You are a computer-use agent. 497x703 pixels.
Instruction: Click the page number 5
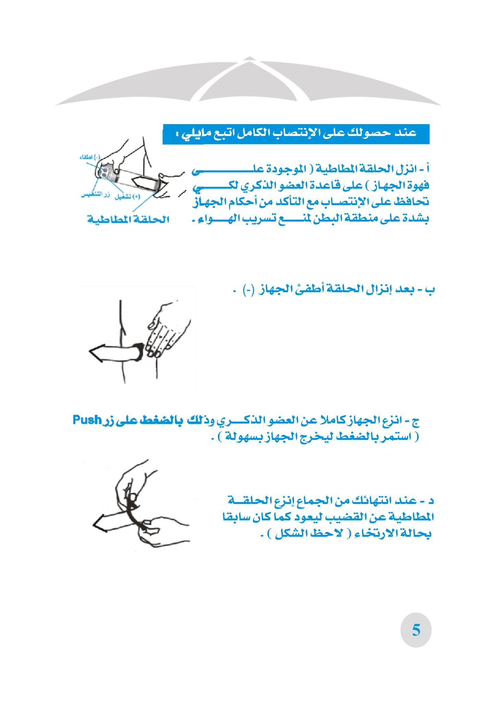click(416, 630)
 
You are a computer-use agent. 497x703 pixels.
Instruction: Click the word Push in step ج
click(87, 420)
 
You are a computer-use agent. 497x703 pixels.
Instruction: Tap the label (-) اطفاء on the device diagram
click(89, 157)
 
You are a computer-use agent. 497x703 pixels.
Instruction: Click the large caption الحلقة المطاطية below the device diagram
click(128, 219)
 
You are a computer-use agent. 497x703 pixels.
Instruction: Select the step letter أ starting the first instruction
click(427, 169)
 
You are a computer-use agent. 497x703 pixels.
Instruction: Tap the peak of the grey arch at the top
click(250, 58)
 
